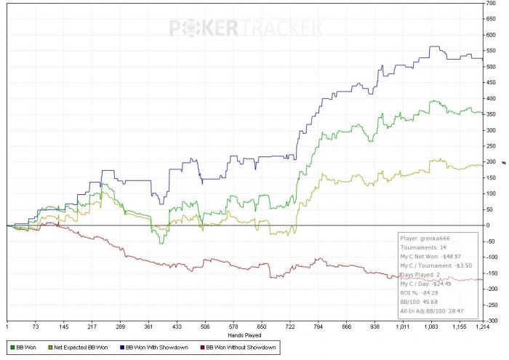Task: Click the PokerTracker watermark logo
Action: pos(246,28)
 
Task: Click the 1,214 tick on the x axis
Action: pos(483,328)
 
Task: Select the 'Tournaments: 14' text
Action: pos(422,247)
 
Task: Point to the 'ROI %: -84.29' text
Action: pos(422,294)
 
